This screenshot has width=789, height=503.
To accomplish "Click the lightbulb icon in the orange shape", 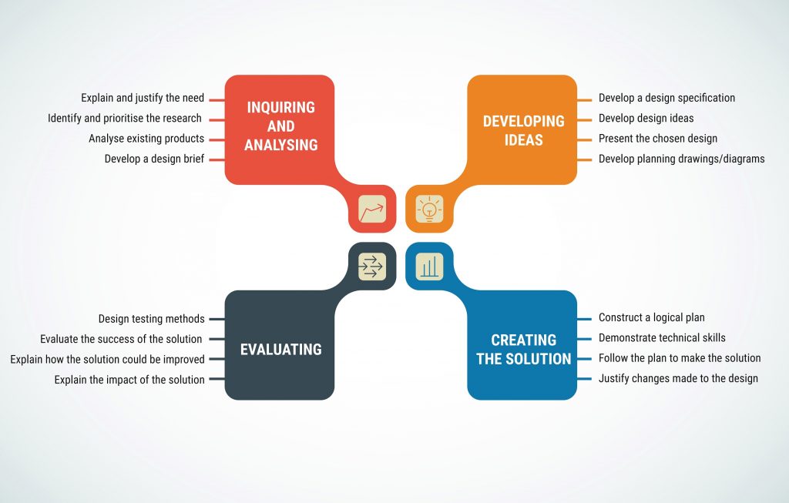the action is click(x=429, y=209).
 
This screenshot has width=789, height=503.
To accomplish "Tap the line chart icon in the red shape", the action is click(x=372, y=209).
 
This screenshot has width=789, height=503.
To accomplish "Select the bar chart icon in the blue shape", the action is click(x=429, y=266).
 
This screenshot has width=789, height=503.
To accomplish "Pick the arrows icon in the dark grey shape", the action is click(x=372, y=266).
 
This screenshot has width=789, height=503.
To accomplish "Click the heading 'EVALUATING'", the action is click(x=280, y=349).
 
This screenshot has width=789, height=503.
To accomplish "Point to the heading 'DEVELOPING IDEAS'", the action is click(x=524, y=130).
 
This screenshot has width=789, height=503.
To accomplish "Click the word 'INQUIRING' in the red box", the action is click(x=280, y=107).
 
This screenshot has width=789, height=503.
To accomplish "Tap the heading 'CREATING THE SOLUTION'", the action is click(x=524, y=349).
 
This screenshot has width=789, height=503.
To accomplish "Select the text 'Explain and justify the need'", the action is click(x=143, y=98).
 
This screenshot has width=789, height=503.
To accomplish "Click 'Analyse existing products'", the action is click(x=146, y=139).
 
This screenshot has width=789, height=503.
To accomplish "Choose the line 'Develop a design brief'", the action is click(x=154, y=159).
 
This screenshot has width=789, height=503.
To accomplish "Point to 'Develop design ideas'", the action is click(x=646, y=118).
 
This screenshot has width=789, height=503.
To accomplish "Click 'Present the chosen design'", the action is click(x=658, y=139).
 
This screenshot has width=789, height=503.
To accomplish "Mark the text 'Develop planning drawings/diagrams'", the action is click(x=682, y=159).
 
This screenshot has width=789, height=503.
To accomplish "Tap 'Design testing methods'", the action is click(x=152, y=319).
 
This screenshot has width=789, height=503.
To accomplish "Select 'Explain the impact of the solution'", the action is click(x=129, y=380).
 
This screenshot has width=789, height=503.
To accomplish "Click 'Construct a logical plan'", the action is click(x=652, y=317).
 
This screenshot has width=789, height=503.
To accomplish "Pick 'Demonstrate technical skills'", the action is click(x=662, y=337).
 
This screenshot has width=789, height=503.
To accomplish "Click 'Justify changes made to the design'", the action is click(x=678, y=378).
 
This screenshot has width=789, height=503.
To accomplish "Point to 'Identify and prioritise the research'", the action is click(x=125, y=118).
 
